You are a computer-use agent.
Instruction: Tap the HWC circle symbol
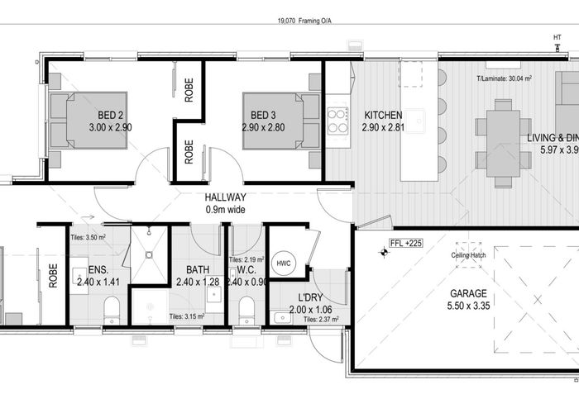(x=284, y=263)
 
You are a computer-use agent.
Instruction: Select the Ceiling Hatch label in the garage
(x=468, y=254)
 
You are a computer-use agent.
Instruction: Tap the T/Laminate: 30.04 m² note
(x=504, y=79)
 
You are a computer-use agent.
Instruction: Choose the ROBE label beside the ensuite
(x=54, y=275)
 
